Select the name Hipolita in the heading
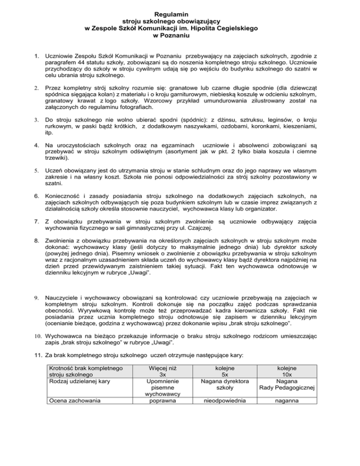click(212, 28)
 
